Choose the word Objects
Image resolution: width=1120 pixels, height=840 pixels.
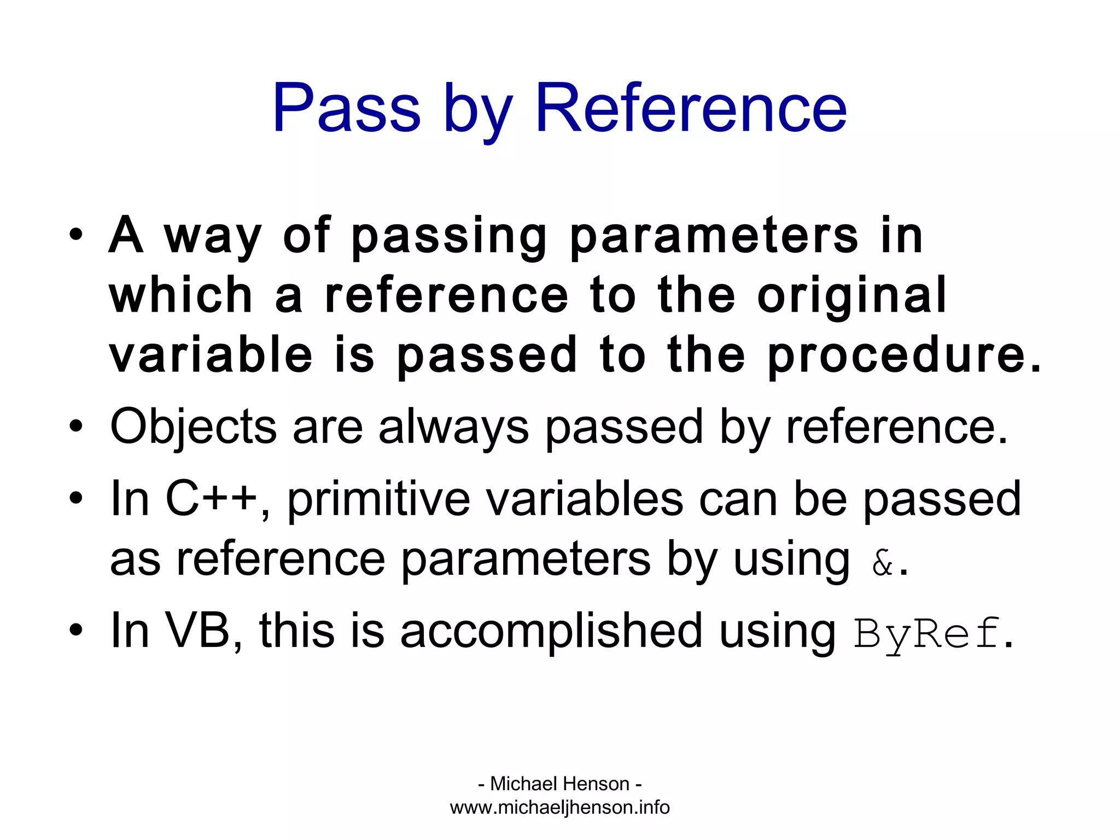click(x=193, y=428)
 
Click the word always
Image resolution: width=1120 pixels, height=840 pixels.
click(x=453, y=428)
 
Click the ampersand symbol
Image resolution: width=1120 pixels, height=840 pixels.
click(x=882, y=563)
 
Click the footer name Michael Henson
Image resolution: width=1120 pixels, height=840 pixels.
click(x=559, y=784)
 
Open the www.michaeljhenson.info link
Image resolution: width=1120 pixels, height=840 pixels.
click(x=559, y=807)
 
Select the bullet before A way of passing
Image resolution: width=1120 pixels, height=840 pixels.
click(x=76, y=236)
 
